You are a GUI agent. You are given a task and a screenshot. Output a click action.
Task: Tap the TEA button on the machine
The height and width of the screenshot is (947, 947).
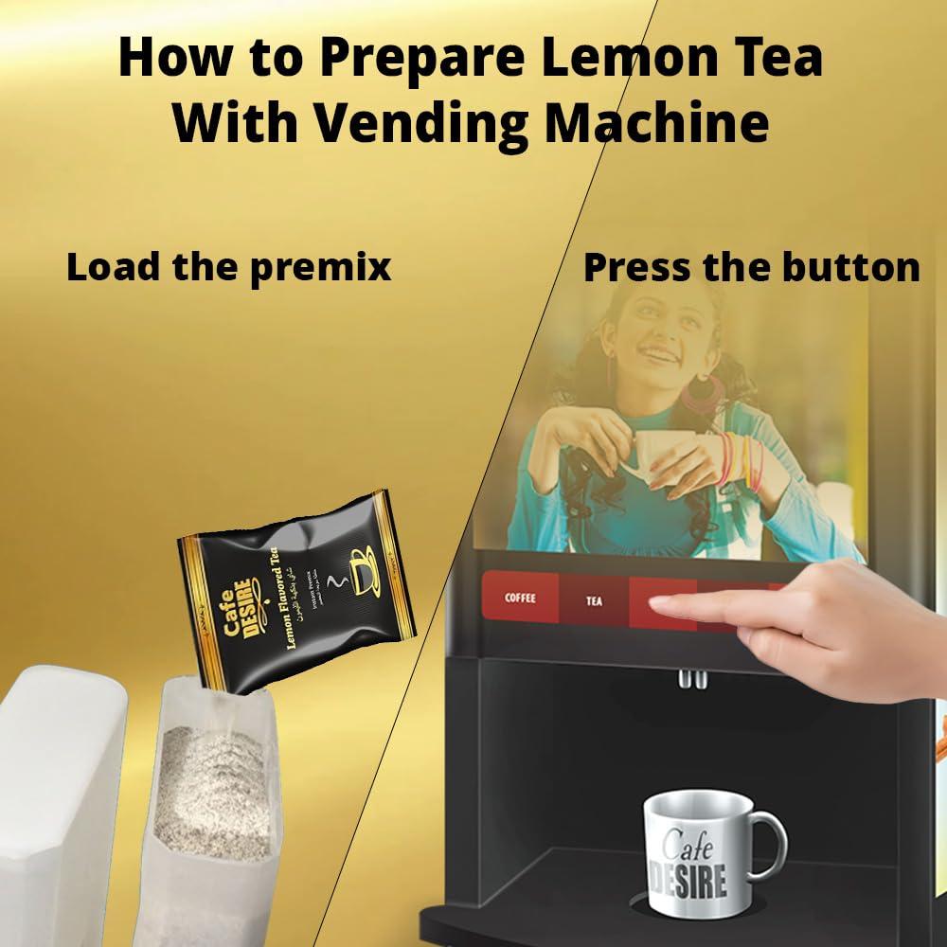594,599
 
